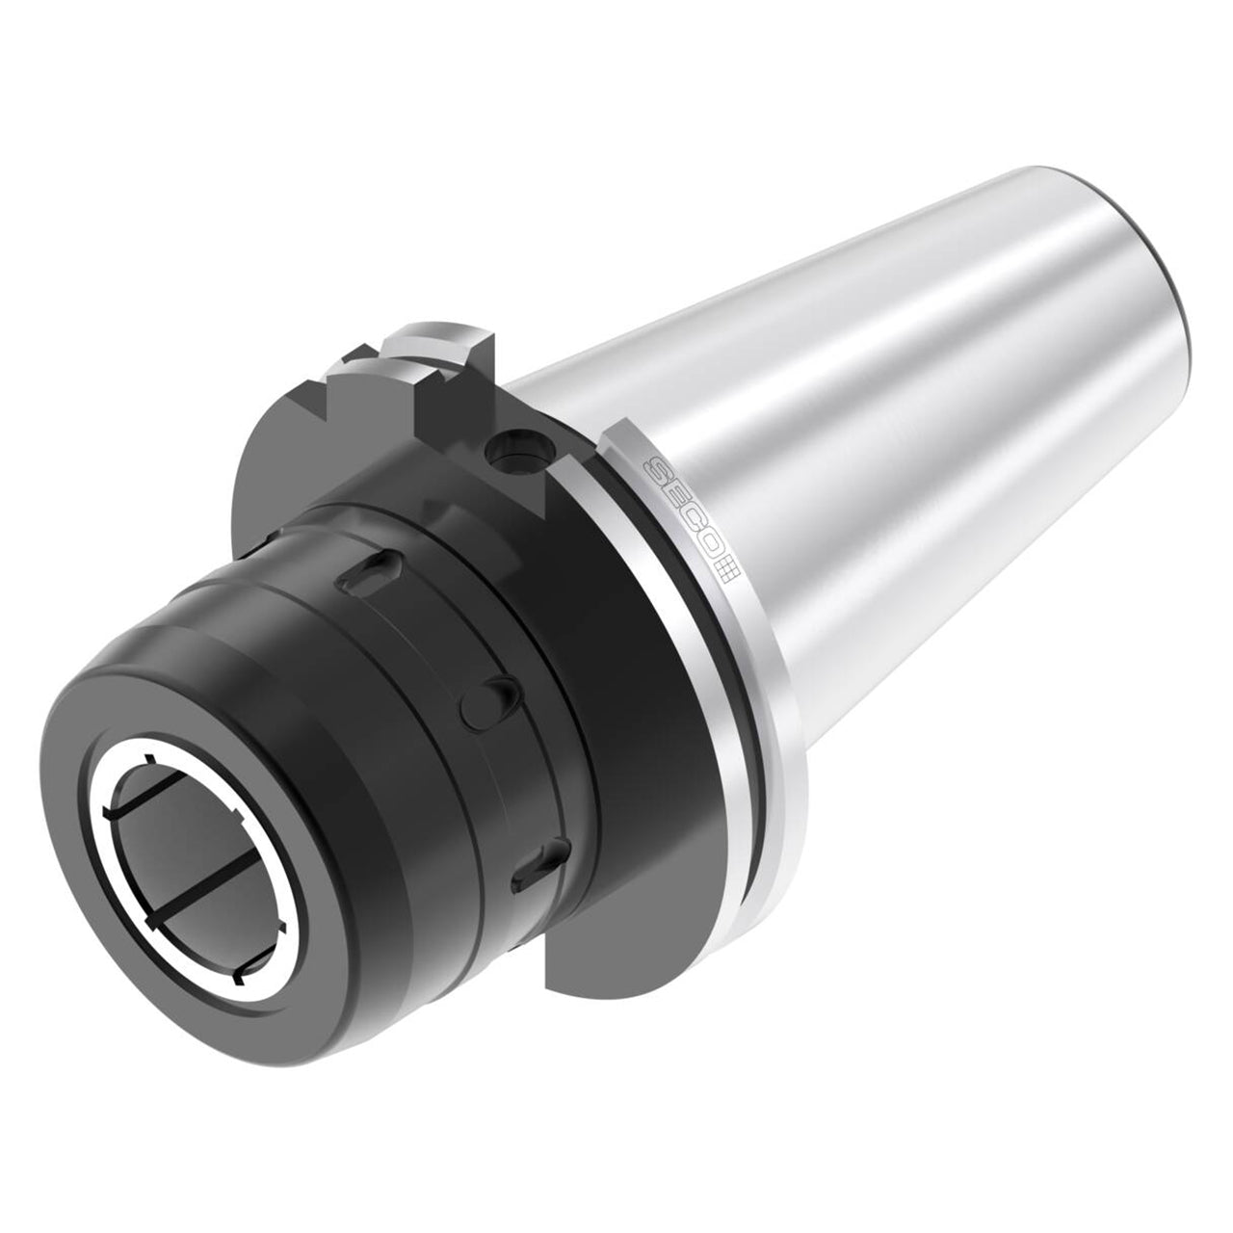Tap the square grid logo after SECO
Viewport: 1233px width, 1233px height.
click(x=727, y=572)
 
